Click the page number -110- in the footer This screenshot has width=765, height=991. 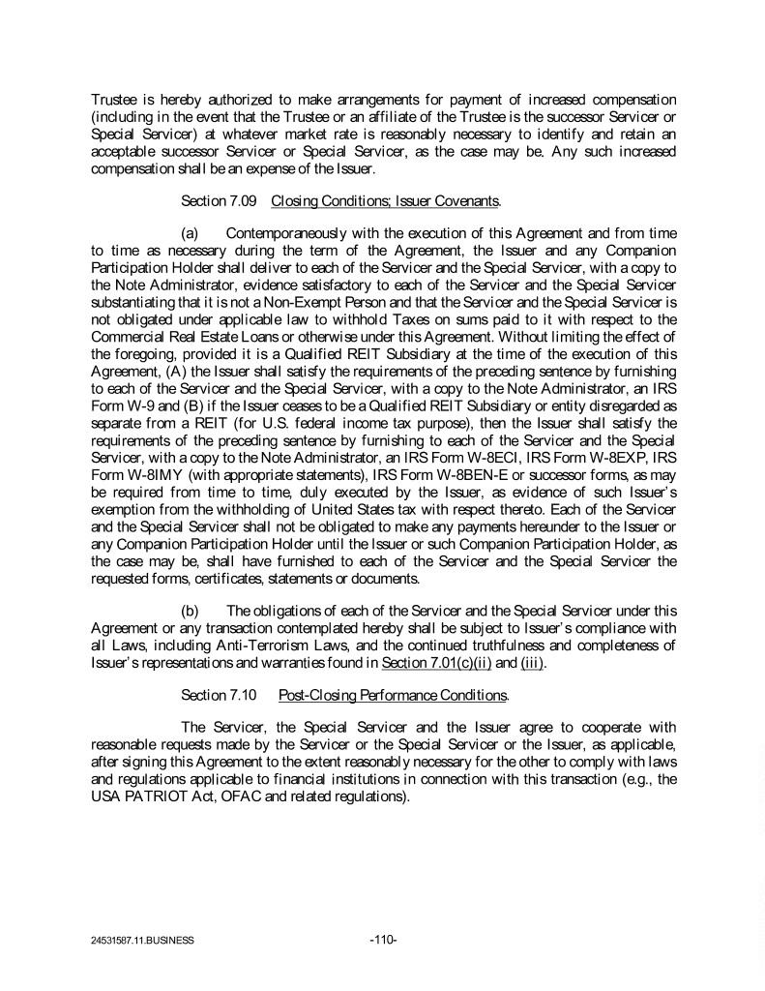tap(384, 938)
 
